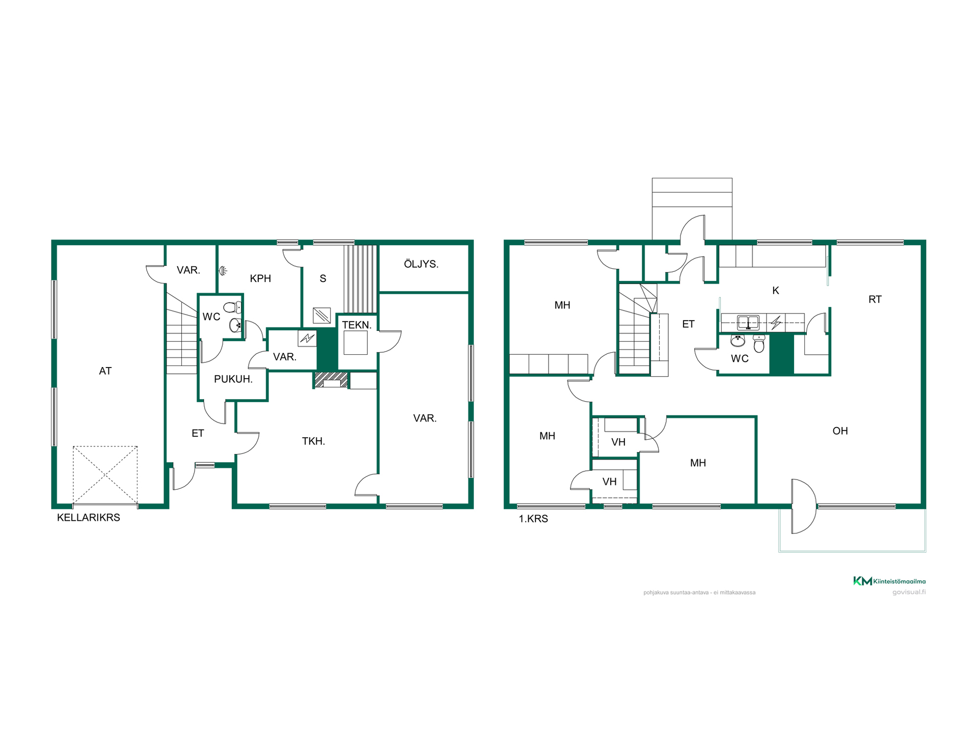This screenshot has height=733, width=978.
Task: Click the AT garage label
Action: (105, 371)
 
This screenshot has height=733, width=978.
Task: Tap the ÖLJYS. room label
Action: (421, 264)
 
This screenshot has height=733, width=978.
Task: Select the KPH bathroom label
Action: (260, 278)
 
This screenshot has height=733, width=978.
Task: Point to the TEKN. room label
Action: (357, 325)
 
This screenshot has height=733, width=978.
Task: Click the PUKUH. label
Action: (233, 379)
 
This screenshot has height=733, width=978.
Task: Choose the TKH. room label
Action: (313, 441)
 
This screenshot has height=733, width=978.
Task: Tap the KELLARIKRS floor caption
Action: (89, 518)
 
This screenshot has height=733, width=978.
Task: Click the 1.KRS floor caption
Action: (533, 519)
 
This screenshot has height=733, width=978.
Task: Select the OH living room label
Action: (840, 431)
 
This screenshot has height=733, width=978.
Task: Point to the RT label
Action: (875, 299)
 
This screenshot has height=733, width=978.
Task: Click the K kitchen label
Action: (776, 291)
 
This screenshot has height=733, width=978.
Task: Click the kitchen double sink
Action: (748, 323)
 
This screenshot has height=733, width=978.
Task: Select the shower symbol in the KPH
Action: (223, 271)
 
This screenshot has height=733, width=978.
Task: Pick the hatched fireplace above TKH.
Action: (331, 380)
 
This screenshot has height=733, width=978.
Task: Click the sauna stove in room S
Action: (321, 316)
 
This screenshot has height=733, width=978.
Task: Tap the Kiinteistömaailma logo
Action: (889, 581)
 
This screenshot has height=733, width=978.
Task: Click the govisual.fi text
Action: (909, 592)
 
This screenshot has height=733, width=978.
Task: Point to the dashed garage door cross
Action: (105, 475)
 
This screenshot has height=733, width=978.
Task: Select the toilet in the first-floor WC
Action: (759, 344)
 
